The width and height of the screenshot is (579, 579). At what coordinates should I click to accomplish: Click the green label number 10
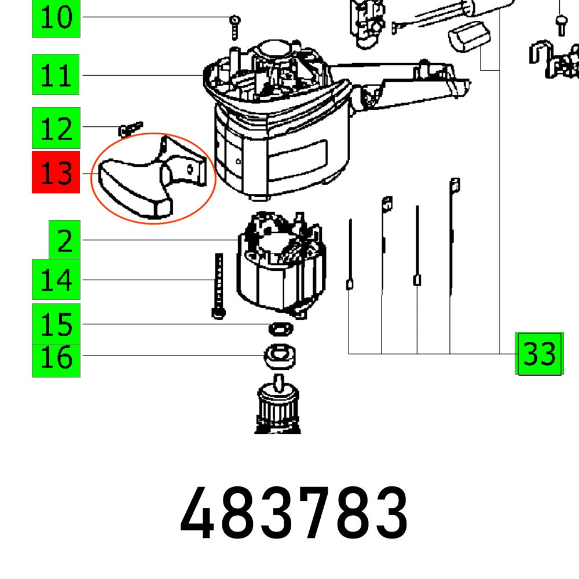(x=56, y=18)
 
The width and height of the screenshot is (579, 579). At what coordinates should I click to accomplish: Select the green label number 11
(x=56, y=75)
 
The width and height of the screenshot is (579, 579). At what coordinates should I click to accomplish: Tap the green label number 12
(x=56, y=128)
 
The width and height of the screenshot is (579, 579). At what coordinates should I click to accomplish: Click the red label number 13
(x=56, y=173)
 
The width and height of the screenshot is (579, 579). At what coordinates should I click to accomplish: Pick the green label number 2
(x=64, y=239)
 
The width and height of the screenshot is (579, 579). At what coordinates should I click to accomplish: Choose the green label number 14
(x=56, y=280)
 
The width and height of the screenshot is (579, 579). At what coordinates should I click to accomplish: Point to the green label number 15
(x=56, y=324)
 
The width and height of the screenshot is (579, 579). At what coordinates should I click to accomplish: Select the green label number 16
(x=56, y=357)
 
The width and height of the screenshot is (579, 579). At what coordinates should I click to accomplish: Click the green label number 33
(x=539, y=353)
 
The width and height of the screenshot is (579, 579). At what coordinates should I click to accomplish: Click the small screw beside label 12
(x=131, y=129)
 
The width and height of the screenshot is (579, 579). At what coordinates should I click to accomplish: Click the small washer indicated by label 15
(x=281, y=328)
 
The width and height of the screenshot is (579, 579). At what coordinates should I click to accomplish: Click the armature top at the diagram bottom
(x=279, y=405)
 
